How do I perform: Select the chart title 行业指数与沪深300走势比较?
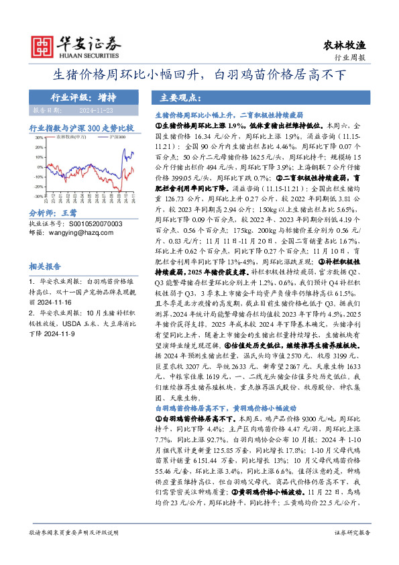tap(81, 127)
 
